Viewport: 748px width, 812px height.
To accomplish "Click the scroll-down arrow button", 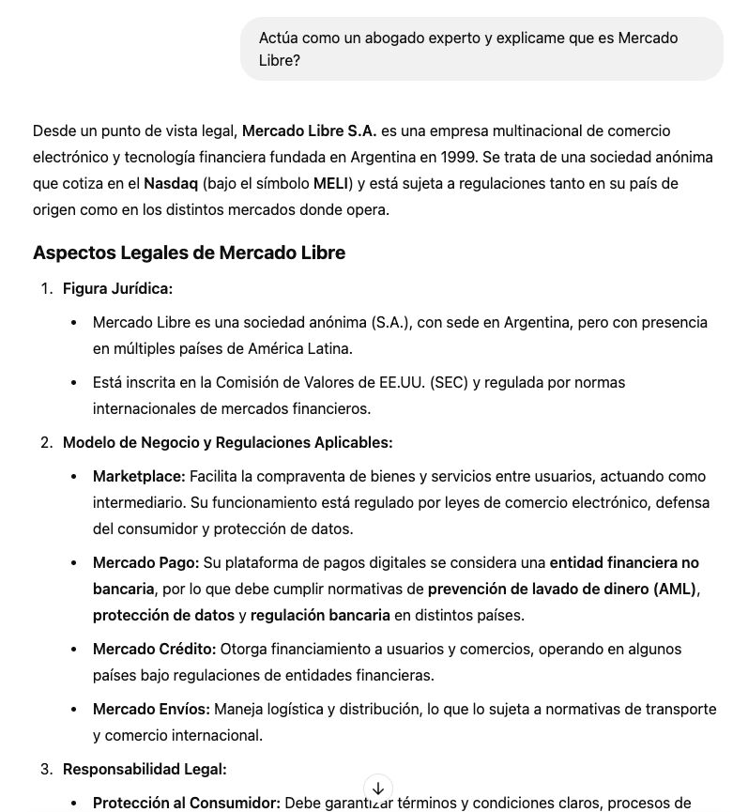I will coord(377,789).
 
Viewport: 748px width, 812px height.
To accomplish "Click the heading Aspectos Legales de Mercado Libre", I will coord(189,253).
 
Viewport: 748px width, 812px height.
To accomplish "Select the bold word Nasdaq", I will coord(171,183).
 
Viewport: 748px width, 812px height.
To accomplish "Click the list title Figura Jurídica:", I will coord(117,288).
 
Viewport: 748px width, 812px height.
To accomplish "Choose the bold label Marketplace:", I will coord(139,476).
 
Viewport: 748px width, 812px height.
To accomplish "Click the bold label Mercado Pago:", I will coord(145,562).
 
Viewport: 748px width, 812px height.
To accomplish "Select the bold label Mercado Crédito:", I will coord(154,649).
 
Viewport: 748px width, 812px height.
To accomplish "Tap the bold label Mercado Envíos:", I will coord(151,709).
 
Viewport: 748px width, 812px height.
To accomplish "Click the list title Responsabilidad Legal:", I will coord(145,769).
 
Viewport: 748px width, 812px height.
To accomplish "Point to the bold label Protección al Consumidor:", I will coord(186,803).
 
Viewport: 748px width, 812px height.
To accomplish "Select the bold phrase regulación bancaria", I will coord(320,615).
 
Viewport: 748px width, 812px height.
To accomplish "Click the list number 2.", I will coord(46,442).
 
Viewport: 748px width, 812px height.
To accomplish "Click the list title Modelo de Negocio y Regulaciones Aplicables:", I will coord(227,442).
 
